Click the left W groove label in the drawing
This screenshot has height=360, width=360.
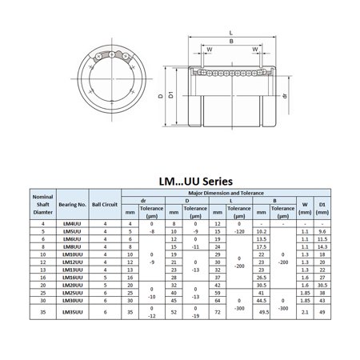209,49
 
